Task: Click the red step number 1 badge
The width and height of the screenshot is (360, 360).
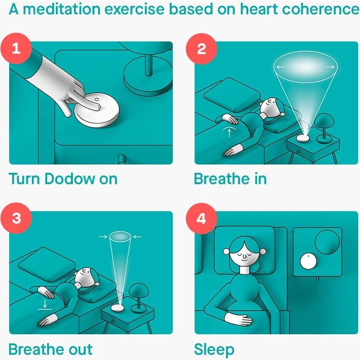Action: click(x=16, y=48)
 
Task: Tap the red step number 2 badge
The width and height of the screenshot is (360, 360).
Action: click(x=201, y=48)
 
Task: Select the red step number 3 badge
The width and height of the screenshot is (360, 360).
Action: click(x=16, y=218)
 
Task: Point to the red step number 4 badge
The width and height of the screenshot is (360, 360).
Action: click(x=201, y=218)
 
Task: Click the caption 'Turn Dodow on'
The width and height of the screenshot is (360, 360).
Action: click(x=63, y=178)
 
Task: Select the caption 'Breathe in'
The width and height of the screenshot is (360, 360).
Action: click(x=230, y=178)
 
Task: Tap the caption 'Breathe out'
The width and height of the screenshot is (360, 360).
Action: click(x=50, y=349)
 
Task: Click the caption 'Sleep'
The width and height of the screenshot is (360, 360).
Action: click(x=214, y=350)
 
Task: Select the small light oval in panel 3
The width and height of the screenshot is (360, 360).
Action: click(x=120, y=237)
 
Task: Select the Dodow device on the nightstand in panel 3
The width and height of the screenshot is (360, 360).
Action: click(x=118, y=307)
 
